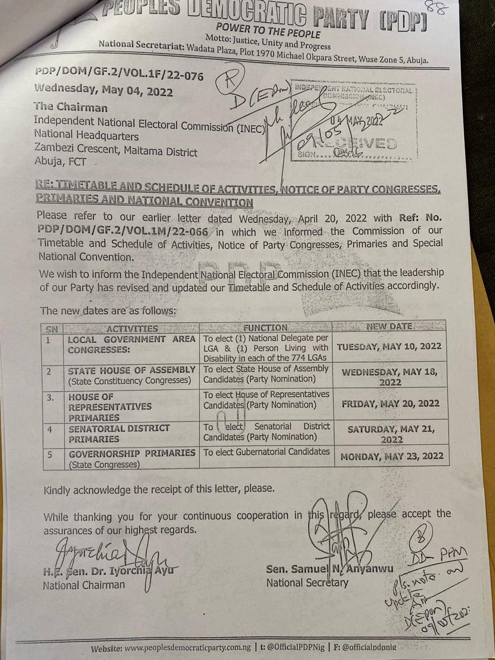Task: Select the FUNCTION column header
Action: (x=266, y=327)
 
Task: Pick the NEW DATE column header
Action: (x=389, y=326)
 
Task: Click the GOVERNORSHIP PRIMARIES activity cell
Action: (x=131, y=453)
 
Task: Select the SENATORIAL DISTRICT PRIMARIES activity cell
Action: (x=119, y=433)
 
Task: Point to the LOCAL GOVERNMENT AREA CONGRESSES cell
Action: (x=131, y=344)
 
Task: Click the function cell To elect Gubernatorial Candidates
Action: (x=267, y=452)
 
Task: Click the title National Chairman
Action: (x=84, y=585)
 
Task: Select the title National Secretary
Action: (x=307, y=583)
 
